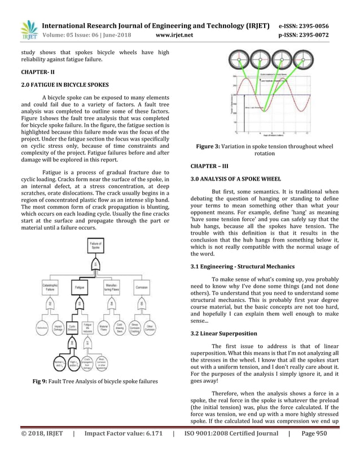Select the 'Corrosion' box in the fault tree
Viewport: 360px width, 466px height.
pos(141,287)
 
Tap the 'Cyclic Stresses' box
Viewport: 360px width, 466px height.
pos(73,327)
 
